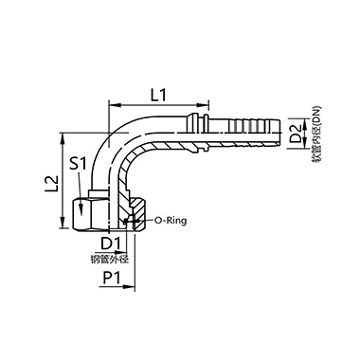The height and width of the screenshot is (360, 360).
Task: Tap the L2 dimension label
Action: pyautogui.click(x=52, y=183)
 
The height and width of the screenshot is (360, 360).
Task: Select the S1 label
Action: pyautogui.click(x=78, y=164)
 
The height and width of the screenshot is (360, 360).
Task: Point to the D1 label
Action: pyautogui.click(x=111, y=243)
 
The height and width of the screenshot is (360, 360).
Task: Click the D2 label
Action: pyautogui.click(x=296, y=134)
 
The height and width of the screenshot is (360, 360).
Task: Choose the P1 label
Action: pyautogui.click(x=112, y=279)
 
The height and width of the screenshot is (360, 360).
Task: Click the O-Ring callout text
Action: pyautogui.click(x=171, y=221)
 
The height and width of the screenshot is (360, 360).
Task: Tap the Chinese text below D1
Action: pyautogui.click(x=109, y=260)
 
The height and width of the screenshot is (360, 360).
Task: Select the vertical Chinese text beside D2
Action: pyautogui.click(x=316, y=135)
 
